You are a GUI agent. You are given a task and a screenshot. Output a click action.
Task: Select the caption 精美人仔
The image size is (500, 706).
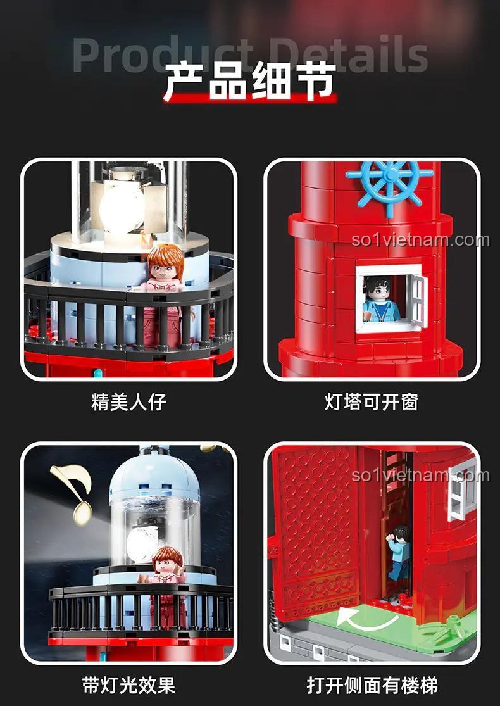(128, 401)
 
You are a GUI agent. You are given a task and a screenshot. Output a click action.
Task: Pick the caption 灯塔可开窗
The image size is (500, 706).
(372, 401)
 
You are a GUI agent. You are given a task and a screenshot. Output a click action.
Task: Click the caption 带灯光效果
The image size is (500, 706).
(128, 684)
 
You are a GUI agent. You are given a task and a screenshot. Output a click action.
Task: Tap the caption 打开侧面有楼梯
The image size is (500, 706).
(372, 684)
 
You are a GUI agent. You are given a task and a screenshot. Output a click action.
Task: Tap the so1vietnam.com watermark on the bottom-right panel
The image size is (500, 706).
(420, 475)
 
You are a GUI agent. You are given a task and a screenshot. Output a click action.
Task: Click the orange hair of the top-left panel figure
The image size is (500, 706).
(165, 256)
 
